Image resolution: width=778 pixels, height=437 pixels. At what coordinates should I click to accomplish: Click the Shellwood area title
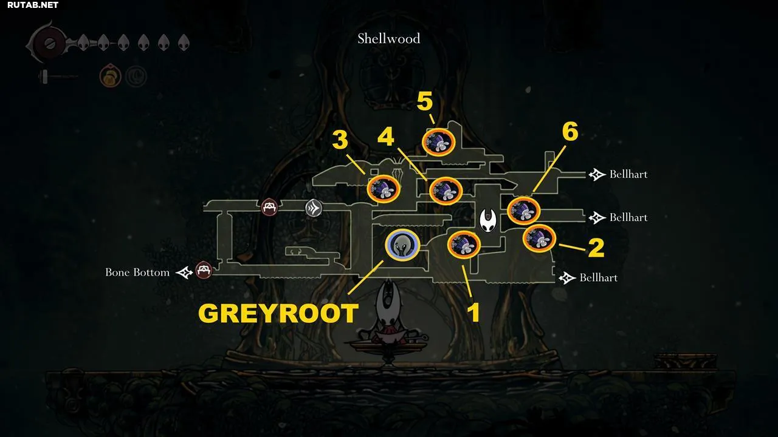(388, 38)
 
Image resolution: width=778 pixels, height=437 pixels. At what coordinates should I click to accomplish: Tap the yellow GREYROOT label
(278, 313)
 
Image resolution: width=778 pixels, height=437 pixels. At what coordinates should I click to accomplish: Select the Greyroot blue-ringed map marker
(402, 245)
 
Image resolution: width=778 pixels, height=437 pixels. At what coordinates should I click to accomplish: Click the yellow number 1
(473, 312)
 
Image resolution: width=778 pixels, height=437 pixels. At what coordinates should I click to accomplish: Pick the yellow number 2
(596, 248)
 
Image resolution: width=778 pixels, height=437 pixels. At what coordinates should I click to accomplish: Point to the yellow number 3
(340, 140)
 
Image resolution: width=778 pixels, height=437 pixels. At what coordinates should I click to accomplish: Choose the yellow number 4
(385, 137)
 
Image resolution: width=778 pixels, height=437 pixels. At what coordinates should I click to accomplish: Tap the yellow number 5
(424, 101)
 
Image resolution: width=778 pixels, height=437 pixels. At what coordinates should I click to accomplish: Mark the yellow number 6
(570, 132)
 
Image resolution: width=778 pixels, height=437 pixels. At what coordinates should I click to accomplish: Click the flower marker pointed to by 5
(438, 142)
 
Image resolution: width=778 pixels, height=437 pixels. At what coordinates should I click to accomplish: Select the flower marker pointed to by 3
(384, 189)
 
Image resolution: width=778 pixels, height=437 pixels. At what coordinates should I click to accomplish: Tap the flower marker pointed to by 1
(464, 245)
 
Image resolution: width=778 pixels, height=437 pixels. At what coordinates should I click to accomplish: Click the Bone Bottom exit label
(137, 273)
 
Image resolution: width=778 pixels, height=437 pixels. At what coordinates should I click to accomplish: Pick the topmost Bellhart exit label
(628, 174)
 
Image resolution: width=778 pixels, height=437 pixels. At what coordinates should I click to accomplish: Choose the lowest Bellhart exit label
(599, 277)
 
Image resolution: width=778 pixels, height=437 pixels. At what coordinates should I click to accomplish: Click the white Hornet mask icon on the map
(488, 220)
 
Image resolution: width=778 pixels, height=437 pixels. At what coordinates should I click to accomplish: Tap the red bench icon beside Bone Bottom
(204, 270)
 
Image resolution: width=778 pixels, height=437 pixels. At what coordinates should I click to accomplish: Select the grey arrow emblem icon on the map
(313, 208)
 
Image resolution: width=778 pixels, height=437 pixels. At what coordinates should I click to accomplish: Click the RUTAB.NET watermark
(33, 5)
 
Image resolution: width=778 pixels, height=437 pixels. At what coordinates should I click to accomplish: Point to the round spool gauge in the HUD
(50, 44)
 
